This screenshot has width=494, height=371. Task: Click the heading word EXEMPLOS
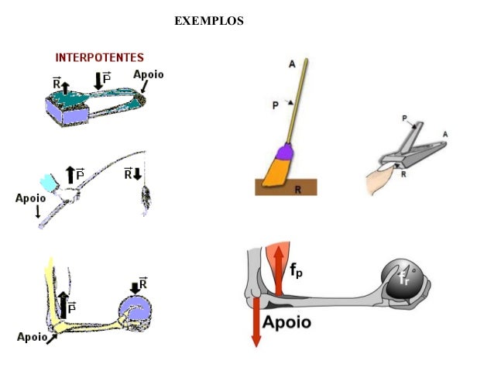209,21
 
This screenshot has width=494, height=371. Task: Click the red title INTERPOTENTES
99,58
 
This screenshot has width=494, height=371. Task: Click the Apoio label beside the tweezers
149,75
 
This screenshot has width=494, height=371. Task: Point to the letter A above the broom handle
292,65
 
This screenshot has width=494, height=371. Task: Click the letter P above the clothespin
405,118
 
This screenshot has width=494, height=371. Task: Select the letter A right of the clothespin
444,134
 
